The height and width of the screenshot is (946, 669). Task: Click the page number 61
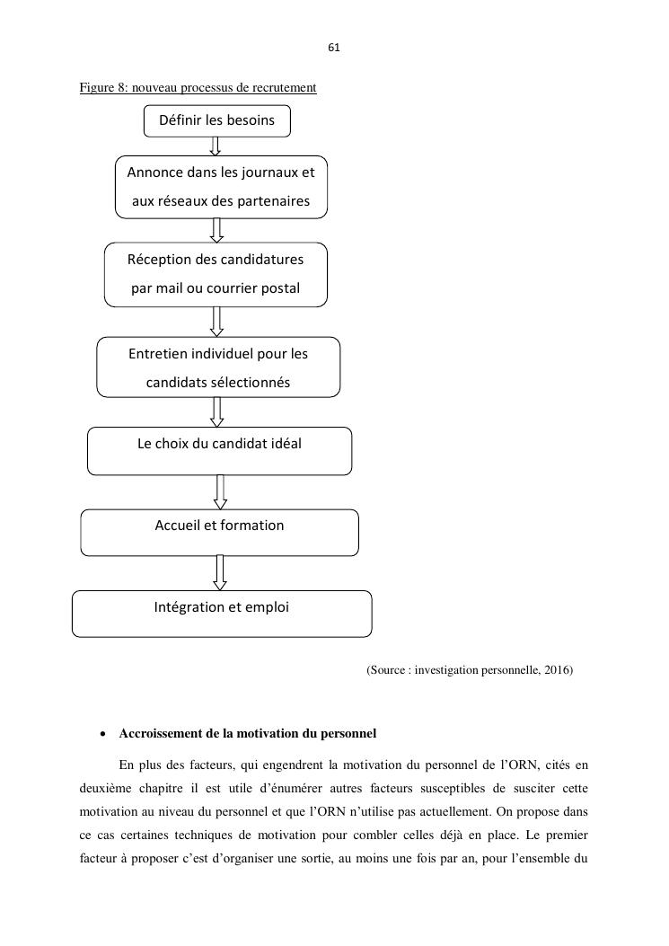point(334,47)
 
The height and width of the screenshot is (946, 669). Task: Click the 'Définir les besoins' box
point(217,120)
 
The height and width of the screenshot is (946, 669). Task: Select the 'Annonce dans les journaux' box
point(221,186)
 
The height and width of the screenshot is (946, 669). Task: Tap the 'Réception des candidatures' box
point(216,274)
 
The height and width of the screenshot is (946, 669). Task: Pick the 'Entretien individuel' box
point(218,367)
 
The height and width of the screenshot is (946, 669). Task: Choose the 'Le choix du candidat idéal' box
point(219,450)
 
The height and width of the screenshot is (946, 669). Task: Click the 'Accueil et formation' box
point(219,532)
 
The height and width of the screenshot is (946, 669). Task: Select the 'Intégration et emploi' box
point(221,614)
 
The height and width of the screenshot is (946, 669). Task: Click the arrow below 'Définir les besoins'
point(216,146)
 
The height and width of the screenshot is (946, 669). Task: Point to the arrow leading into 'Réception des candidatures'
point(216,230)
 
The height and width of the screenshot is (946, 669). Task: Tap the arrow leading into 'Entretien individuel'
point(216,321)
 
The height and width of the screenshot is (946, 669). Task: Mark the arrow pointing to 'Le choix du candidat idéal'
point(216,411)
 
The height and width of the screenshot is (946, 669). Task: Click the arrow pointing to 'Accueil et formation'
point(220,491)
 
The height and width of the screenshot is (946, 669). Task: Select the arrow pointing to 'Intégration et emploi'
point(220,572)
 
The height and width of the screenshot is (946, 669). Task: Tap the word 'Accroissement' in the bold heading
point(155,733)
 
